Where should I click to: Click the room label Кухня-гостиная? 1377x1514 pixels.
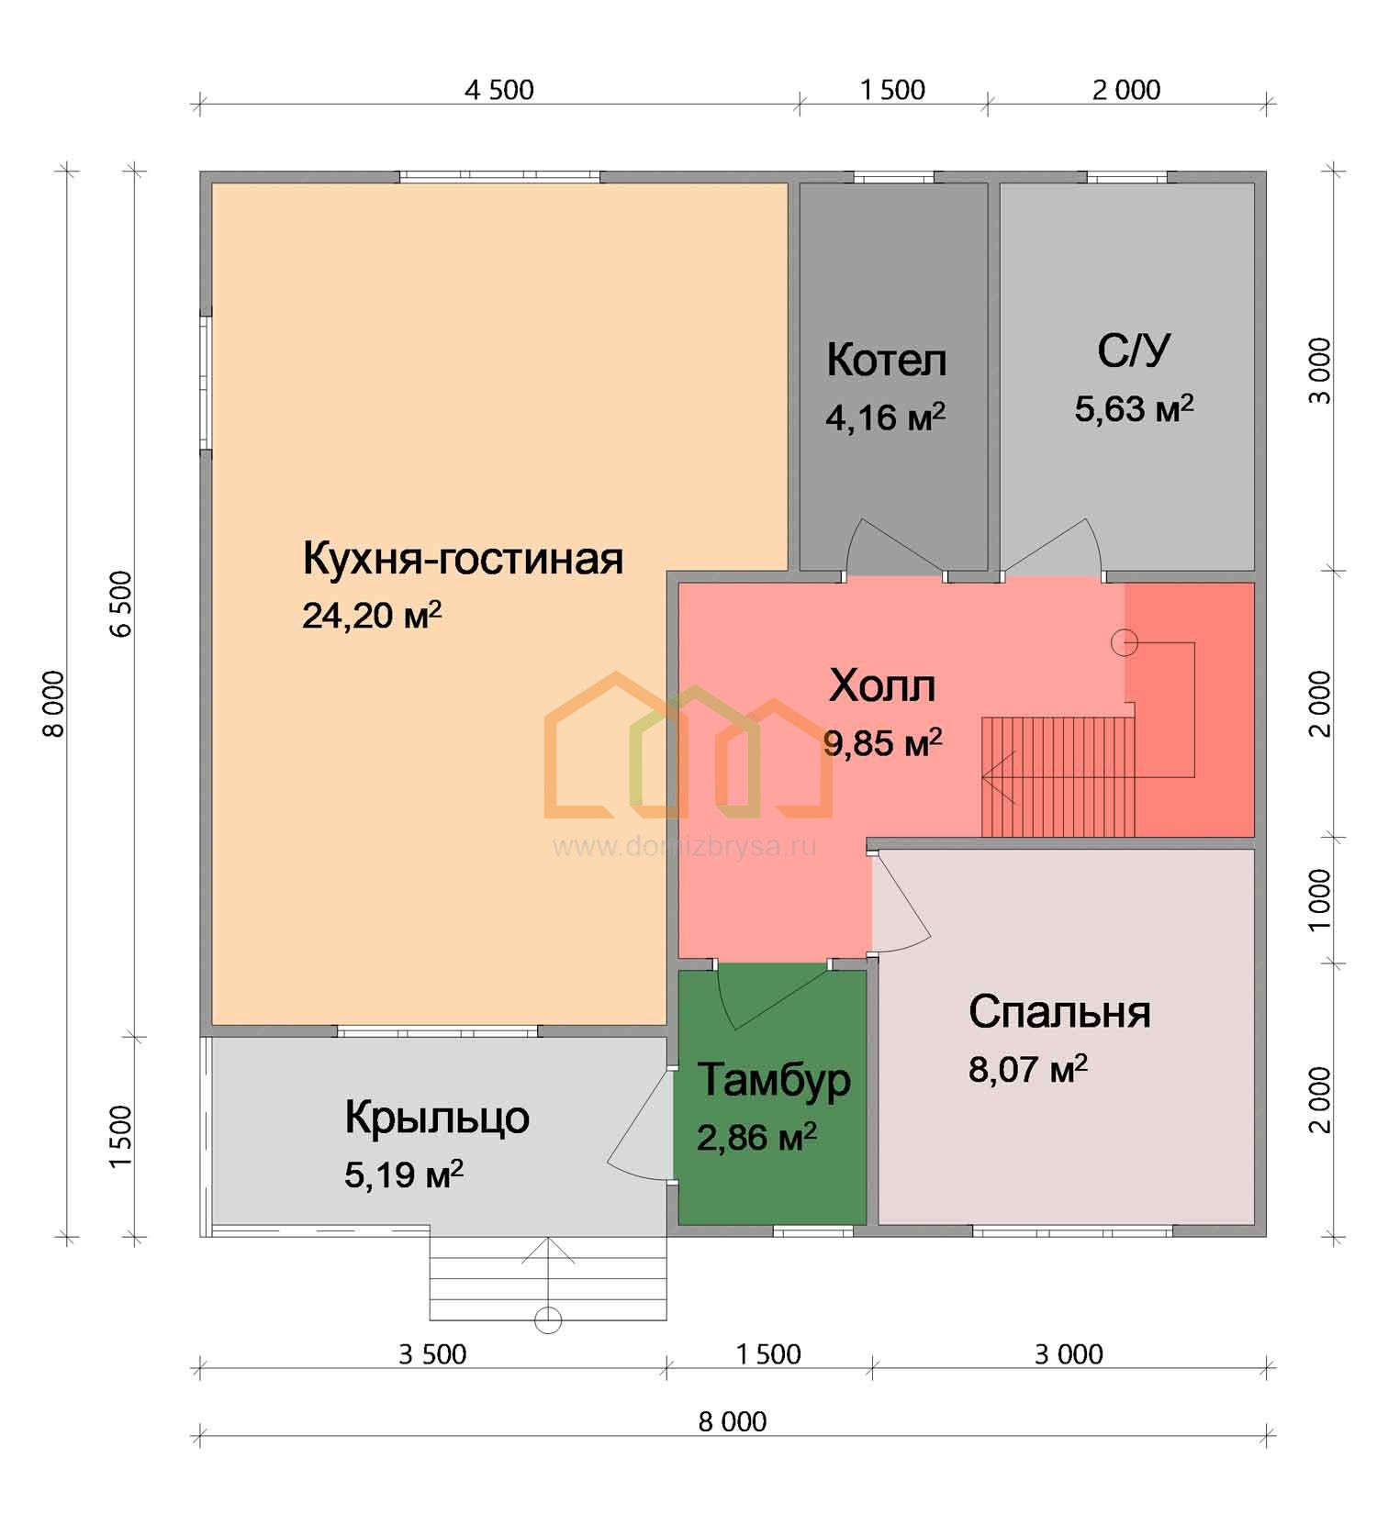click(x=463, y=558)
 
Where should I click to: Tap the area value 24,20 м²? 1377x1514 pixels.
click(x=372, y=615)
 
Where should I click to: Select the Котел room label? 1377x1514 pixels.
click(x=886, y=360)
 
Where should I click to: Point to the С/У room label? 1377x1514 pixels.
click(x=1134, y=350)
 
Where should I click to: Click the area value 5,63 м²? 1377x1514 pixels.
click(x=1135, y=408)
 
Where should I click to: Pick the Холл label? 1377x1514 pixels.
click(x=882, y=685)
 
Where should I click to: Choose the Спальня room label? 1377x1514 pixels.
click(x=1059, y=1011)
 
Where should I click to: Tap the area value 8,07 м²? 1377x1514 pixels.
click(x=1028, y=1069)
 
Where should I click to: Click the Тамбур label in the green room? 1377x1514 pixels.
click(x=774, y=1080)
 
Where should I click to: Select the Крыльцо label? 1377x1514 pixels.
click(x=437, y=1117)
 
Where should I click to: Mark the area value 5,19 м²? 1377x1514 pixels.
click(x=404, y=1174)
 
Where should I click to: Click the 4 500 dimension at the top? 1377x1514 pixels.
click(x=498, y=90)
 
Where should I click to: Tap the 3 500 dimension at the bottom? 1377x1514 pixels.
click(x=432, y=1354)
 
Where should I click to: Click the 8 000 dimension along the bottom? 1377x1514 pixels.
click(x=733, y=1421)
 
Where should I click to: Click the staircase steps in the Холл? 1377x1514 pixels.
click(x=1058, y=776)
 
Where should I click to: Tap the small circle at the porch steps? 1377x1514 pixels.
click(x=548, y=1319)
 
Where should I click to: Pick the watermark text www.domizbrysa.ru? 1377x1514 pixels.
click(x=684, y=846)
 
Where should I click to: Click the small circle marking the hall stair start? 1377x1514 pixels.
click(x=1125, y=642)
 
